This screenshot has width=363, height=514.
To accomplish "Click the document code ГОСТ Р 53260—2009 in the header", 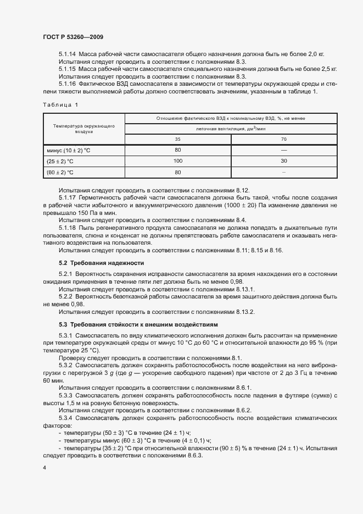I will click(72, 37).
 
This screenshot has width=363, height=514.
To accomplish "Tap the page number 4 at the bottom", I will click(44, 467).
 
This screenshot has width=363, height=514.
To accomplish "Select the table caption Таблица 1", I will click(60, 104).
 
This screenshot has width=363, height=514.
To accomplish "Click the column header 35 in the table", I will click(177, 139).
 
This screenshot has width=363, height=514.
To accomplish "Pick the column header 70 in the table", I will click(283, 139).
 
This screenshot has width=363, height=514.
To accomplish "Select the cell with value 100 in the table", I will click(177, 161).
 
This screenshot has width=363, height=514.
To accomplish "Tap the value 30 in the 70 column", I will click(283, 161).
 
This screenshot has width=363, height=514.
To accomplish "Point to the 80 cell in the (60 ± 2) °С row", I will click(177, 172).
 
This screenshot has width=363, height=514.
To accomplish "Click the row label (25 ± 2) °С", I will click(61, 161).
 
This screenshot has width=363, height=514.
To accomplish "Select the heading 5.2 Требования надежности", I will click(101, 263).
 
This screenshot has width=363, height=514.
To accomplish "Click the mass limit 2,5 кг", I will click(327, 69).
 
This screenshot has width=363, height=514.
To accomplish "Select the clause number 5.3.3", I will click(65, 395).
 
